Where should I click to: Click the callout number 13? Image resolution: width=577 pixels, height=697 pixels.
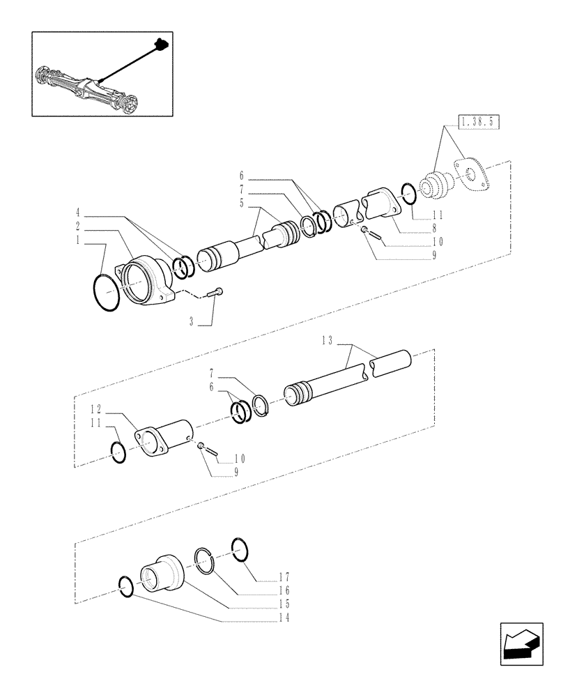[x=328, y=341]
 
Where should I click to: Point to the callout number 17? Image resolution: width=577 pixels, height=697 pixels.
[x=283, y=577]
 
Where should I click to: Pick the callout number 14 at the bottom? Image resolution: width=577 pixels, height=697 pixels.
[x=283, y=618]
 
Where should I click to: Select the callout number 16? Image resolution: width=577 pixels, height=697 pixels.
[x=283, y=590]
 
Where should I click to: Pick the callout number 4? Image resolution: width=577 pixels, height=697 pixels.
[x=79, y=212]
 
